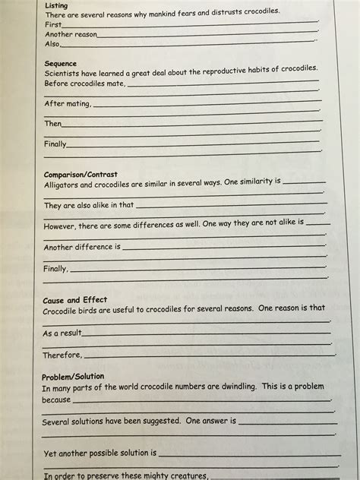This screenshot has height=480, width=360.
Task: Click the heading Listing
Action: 56,6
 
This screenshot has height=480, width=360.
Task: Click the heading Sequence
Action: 61,63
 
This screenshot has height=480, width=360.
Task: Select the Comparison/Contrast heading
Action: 81,174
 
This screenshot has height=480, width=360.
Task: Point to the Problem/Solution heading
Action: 73,377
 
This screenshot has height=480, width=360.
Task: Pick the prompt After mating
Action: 68,104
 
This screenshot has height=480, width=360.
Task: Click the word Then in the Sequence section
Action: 52,124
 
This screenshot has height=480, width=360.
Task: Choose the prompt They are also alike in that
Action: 88,206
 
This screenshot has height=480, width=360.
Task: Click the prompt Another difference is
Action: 82,248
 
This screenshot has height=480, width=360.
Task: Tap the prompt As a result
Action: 62,333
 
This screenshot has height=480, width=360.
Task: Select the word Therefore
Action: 62,355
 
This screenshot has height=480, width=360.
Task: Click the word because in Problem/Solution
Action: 59,399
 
